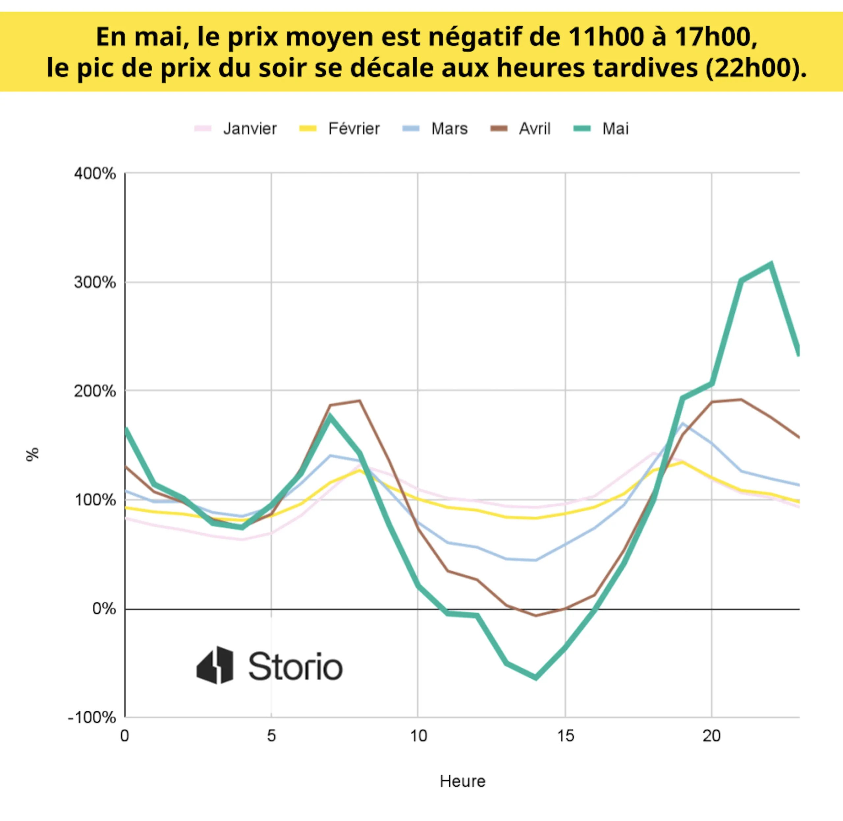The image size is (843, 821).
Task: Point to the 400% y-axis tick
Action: click(x=95, y=174)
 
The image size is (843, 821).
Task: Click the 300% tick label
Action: click(x=95, y=282)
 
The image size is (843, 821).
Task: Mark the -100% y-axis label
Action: click(x=92, y=718)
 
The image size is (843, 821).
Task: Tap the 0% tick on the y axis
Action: click(x=104, y=609)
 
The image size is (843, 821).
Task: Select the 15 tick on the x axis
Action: click(x=565, y=736)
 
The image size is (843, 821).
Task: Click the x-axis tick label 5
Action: click(x=271, y=736)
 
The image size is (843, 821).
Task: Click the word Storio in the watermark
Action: click(x=295, y=667)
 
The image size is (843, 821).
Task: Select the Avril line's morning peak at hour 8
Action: click(x=359, y=401)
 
